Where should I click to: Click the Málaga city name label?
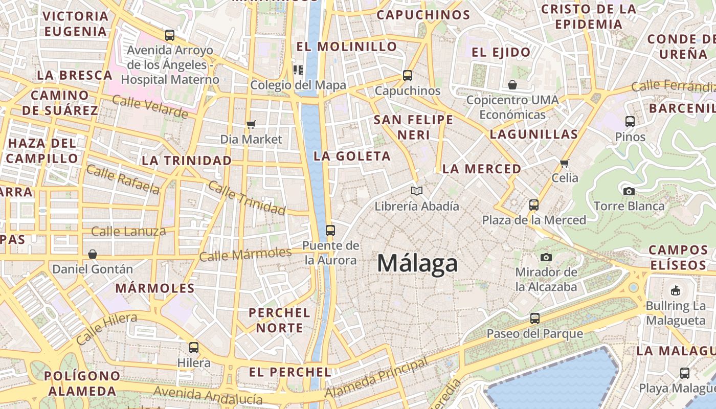click(417, 264)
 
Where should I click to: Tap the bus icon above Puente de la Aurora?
click(330, 231)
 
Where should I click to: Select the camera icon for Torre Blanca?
click(629, 192)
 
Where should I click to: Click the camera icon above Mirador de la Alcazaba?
click(546, 257)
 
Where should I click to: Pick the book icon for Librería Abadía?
click(417, 191)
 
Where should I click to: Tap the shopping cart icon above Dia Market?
click(251, 125)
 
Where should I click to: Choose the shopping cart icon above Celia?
click(565, 164)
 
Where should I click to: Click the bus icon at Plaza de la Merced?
click(534, 205)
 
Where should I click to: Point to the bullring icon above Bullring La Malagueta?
click(676, 291)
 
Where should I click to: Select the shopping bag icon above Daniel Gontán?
click(93, 254)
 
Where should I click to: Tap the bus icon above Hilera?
click(193, 348)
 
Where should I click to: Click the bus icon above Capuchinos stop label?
click(407, 76)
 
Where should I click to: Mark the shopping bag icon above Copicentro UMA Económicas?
click(512, 84)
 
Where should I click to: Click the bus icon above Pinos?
click(630, 122)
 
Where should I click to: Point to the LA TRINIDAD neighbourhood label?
click(187, 161)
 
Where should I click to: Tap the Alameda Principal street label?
click(376, 379)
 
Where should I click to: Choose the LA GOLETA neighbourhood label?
click(352, 156)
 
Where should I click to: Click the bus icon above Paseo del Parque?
click(534, 319)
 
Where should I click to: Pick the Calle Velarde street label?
click(150, 106)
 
